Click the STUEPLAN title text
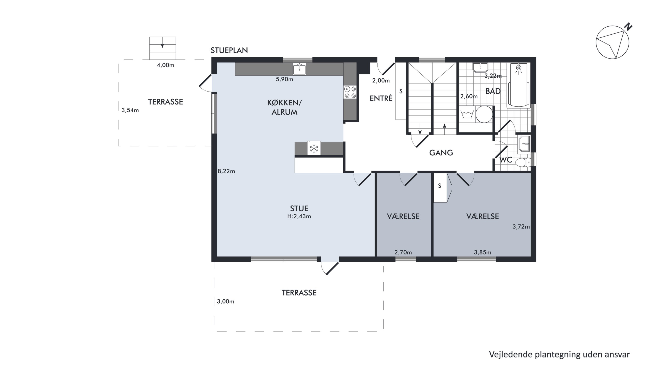(x=229, y=50)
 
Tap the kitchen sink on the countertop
(x=299, y=69)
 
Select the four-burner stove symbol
(x=350, y=92)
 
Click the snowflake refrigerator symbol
(x=314, y=148)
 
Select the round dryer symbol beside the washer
(x=484, y=114)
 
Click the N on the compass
(x=629, y=26)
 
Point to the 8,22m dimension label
(x=226, y=171)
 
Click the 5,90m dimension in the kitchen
(x=284, y=79)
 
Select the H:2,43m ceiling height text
(x=299, y=216)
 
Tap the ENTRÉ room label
(x=381, y=98)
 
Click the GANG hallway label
(x=441, y=153)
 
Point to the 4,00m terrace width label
(x=165, y=65)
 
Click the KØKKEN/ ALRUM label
(x=284, y=107)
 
